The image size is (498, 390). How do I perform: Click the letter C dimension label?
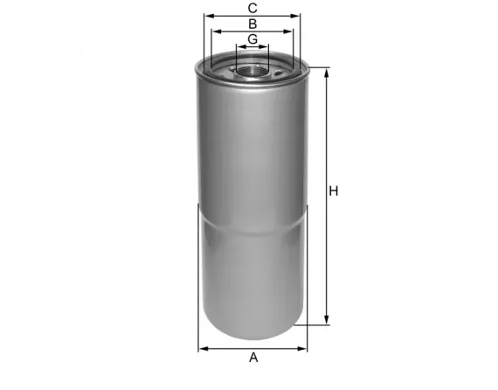point(252,7)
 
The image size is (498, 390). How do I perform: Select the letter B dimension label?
point(252,24)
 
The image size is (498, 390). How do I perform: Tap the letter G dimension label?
point(252,39)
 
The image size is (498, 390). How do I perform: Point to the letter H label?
point(333,192)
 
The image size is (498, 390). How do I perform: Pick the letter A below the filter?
point(254,357)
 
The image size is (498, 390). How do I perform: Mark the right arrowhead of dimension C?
point(297,15)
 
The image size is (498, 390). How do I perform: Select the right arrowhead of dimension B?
point(291,31)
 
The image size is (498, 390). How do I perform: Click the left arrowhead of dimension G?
point(239,46)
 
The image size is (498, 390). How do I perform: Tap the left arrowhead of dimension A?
point(203,348)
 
